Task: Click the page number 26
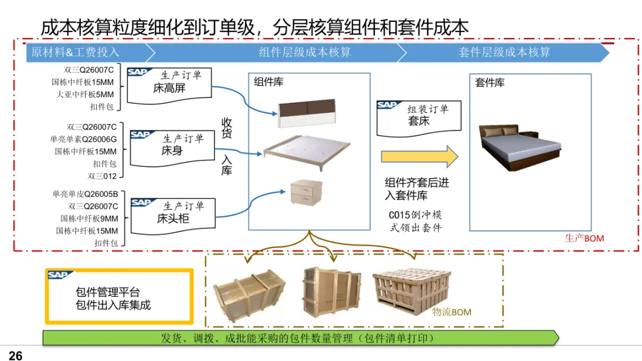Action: [x=15, y=355]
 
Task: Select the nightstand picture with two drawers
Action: [x=307, y=192]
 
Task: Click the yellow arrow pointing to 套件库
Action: [x=419, y=157]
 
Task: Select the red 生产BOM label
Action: [x=584, y=238]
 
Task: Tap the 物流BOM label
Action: [x=452, y=312]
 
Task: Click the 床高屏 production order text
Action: [x=169, y=88]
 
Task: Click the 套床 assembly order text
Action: [x=418, y=121]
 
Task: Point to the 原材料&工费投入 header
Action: [x=75, y=52]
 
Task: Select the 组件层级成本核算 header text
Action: [x=304, y=52]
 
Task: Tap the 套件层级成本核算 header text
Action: [x=504, y=52]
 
